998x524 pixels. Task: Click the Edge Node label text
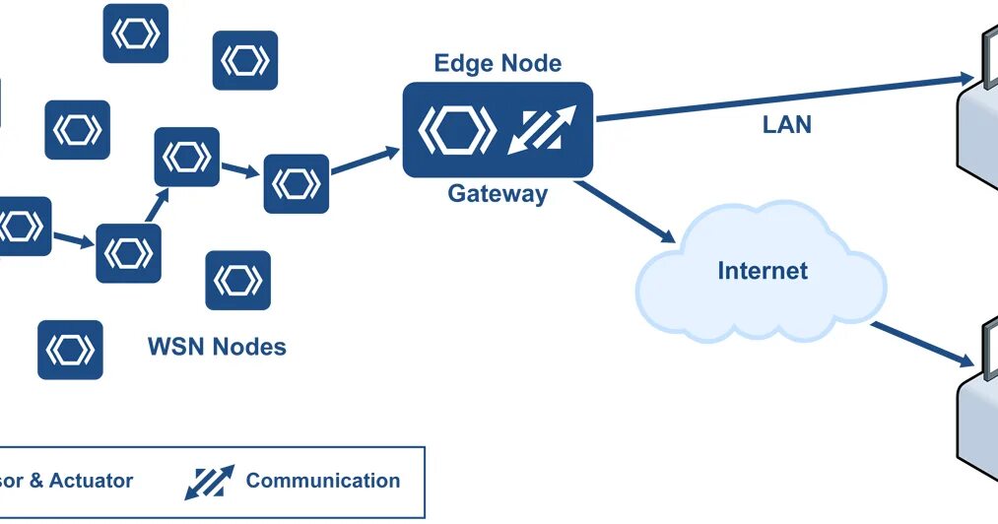(x=498, y=64)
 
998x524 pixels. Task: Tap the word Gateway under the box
(x=498, y=193)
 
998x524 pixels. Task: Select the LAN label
(x=787, y=125)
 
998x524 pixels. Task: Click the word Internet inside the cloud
(x=763, y=270)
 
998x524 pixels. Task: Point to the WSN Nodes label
(x=217, y=347)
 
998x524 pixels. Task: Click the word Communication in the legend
(x=323, y=481)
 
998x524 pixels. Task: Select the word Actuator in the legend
(x=92, y=481)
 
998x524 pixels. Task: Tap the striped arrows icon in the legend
(x=209, y=481)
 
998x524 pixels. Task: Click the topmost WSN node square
(x=136, y=33)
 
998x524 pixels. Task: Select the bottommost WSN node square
(x=70, y=350)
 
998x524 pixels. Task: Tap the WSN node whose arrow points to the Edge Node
(x=296, y=183)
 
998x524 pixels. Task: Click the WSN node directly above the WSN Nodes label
(x=237, y=281)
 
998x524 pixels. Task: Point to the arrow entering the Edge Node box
(x=365, y=162)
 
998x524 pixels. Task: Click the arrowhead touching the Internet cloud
(x=666, y=235)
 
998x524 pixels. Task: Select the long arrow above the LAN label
(x=778, y=98)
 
